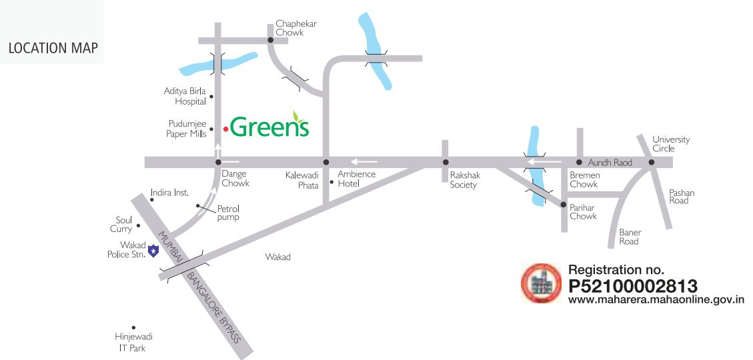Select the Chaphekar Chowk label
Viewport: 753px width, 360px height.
[296, 28]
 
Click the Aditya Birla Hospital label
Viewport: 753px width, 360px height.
[185, 96]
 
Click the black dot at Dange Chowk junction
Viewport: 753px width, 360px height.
[218, 162]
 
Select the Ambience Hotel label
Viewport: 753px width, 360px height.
[356, 179]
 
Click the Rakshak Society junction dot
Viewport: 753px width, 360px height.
[446, 162]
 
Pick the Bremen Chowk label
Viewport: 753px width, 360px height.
[584, 179]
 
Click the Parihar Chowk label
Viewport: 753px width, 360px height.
[583, 211]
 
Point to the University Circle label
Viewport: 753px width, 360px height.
[671, 144]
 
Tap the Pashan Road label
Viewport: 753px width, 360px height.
[682, 197]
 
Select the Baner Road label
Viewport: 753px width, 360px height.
[630, 237]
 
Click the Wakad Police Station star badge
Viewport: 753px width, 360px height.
[152, 251]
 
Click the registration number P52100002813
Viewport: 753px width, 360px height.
[632, 286]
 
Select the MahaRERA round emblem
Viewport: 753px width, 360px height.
[541, 283]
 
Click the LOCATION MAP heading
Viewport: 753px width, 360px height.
[53, 48]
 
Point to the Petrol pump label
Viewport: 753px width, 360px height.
[228, 213]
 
